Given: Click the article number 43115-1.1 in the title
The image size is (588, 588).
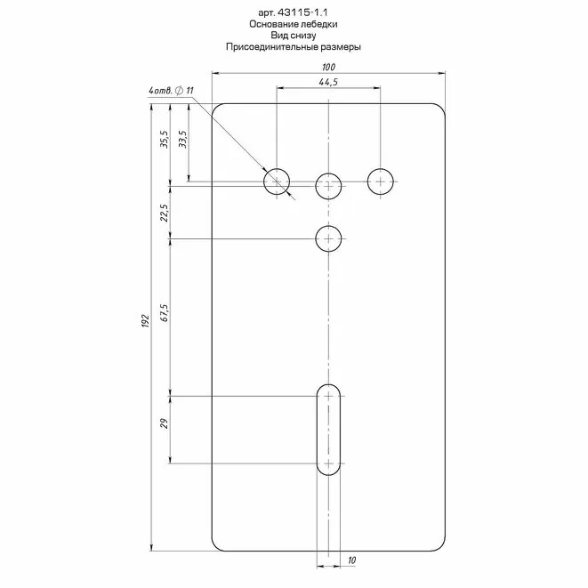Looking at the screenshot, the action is [303, 12].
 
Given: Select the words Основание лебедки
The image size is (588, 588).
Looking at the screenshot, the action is [294, 24].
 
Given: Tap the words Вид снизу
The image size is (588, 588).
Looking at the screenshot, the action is [294, 36].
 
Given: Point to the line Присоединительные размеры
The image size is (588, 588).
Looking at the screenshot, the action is [294, 47].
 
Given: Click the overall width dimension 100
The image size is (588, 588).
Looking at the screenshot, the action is [328, 67].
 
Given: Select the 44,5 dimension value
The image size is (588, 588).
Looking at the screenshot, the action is [328, 82].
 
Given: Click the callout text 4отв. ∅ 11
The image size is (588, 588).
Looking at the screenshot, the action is [171, 91].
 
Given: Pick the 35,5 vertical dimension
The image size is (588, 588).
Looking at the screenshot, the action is [165, 139].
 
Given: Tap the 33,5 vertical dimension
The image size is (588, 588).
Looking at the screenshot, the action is [183, 139].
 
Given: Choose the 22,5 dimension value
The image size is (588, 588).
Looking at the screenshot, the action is [165, 213].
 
